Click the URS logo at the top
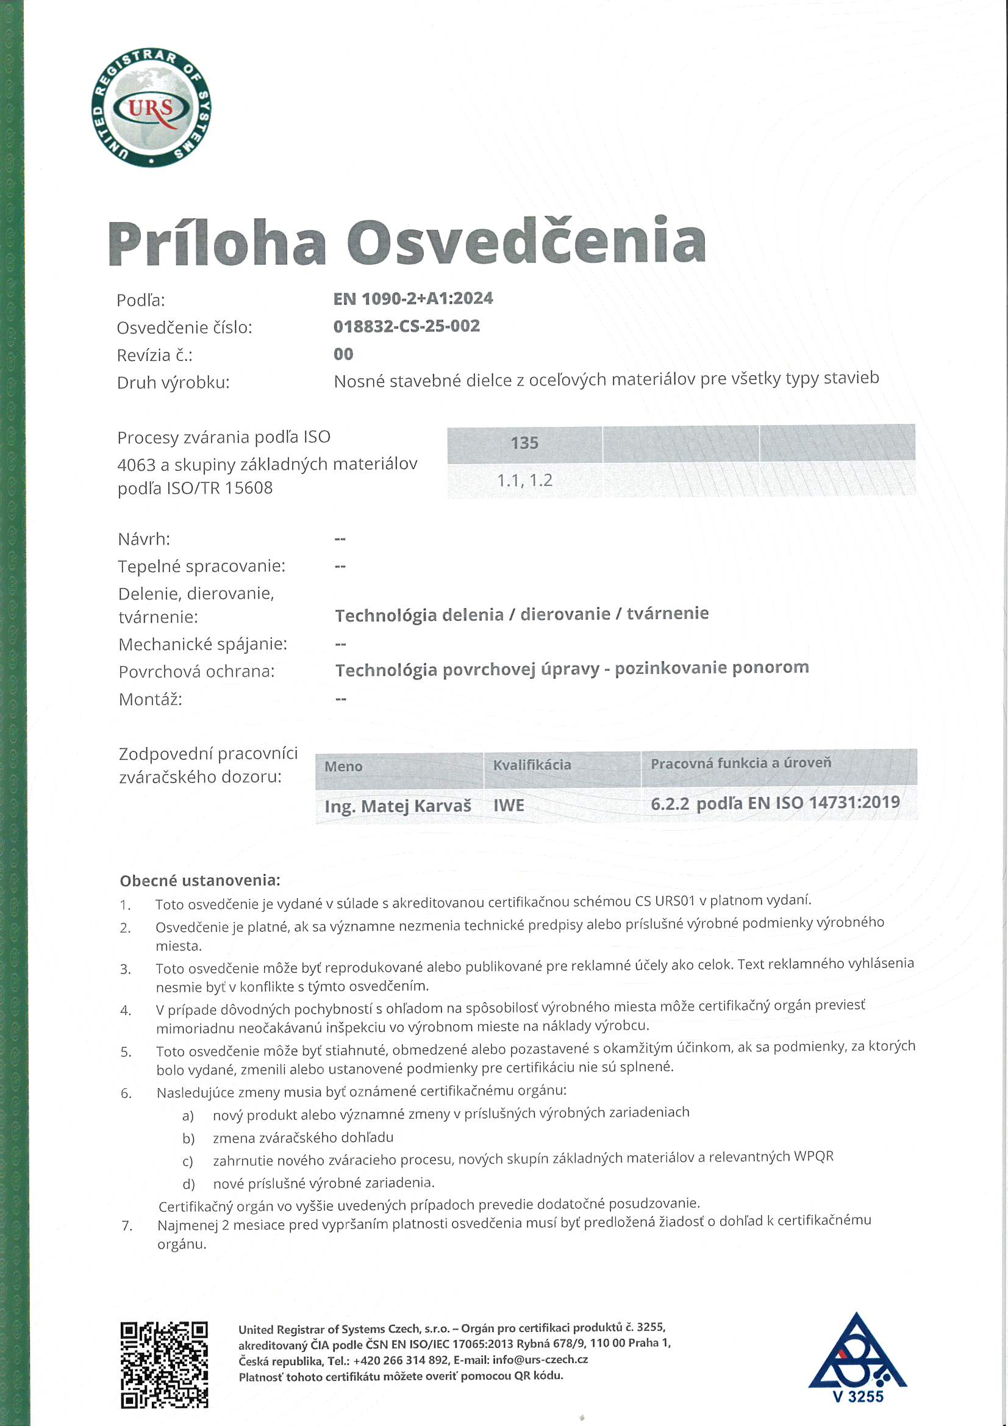pos(150,109)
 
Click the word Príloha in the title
pos(216,243)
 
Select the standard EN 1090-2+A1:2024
pos(413,299)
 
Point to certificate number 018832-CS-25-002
pos(406,326)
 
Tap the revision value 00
pos(343,354)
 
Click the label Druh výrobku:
pos(173,382)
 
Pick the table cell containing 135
pos(524,443)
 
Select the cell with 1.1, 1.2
pos(524,480)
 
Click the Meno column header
pos(343,767)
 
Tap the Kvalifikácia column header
pos(532,765)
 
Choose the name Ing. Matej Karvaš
pos(398,806)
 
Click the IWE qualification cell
pos(509,806)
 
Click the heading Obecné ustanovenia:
pos(199,880)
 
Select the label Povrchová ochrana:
pos(196,672)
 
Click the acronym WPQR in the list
pos(813,1156)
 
